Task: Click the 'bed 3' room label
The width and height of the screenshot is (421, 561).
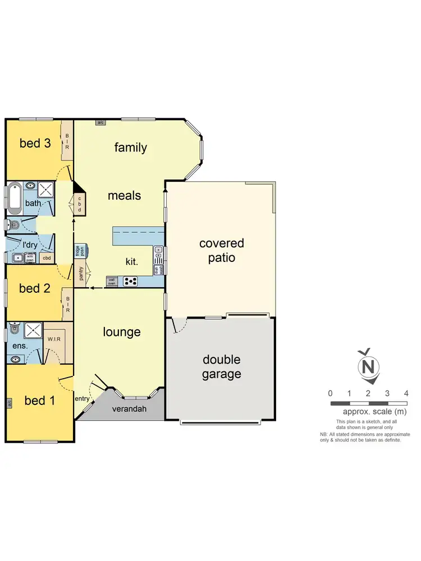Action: pos(35,143)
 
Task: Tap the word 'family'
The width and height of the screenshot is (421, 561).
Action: pos(131,148)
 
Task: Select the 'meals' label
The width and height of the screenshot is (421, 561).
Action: pos(124,196)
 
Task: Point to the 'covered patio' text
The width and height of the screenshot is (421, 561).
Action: pos(222,251)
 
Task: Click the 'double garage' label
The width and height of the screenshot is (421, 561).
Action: pos(221,366)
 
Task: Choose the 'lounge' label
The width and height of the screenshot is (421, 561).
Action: pos(121,332)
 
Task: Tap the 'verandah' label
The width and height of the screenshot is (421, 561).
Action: pos(130,409)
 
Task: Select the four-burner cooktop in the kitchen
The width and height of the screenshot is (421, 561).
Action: pos(131,281)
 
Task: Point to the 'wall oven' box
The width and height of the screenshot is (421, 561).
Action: pos(112,281)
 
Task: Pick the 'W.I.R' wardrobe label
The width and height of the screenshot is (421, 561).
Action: pos(54,339)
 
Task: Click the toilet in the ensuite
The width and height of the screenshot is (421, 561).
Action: pos(14,328)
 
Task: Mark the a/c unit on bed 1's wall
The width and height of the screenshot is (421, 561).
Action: pos(10,403)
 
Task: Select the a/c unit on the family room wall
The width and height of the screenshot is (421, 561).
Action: pos(101,122)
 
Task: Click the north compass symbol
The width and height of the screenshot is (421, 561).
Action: pos(368,366)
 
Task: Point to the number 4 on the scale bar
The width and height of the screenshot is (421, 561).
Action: pos(406,393)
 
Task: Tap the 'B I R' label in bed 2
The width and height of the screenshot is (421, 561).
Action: pos(67,305)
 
